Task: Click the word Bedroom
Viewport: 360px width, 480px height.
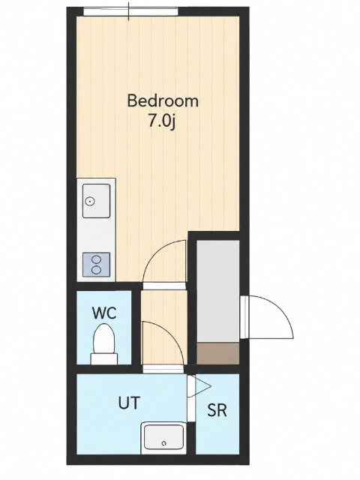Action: tap(163, 101)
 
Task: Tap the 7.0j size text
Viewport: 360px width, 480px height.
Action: tap(162, 121)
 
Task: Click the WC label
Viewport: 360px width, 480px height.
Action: tap(104, 313)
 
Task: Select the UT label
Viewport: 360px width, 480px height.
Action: tap(129, 403)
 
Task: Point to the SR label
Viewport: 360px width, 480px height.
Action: tap(217, 410)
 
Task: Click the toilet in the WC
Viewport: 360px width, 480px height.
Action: tap(104, 343)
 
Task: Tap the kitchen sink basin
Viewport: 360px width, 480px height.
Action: tap(97, 201)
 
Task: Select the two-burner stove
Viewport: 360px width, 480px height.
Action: tap(97, 265)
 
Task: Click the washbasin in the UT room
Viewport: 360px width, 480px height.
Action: tap(163, 438)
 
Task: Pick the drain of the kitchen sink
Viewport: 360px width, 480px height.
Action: tap(90, 202)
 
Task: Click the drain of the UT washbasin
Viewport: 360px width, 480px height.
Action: tap(163, 443)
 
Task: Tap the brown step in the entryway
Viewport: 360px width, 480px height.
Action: tap(217, 353)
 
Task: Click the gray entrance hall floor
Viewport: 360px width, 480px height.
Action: tap(217, 291)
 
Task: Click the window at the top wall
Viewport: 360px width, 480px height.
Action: tap(130, 12)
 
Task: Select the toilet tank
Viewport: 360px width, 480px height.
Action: tap(104, 358)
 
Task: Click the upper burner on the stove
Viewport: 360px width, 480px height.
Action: tap(97, 259)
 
